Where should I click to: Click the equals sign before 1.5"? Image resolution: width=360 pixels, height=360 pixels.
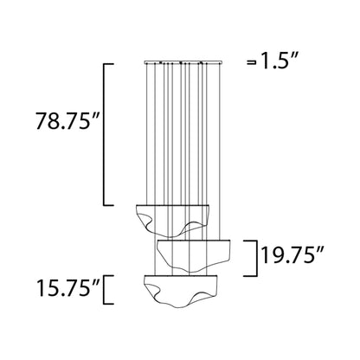click(x=252, y=62)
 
